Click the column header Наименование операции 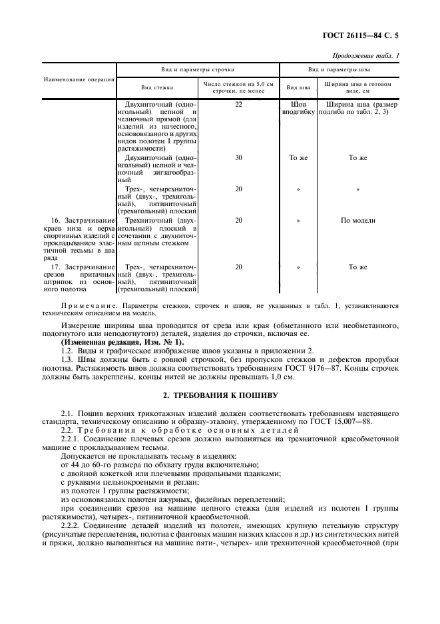(79, 79)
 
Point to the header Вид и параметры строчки (197, 69)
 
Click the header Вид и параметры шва (338, 69)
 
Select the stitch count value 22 (238, 105)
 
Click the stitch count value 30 (238, 158)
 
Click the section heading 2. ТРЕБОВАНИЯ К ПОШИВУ (220, 394)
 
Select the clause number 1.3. (67, 359)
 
